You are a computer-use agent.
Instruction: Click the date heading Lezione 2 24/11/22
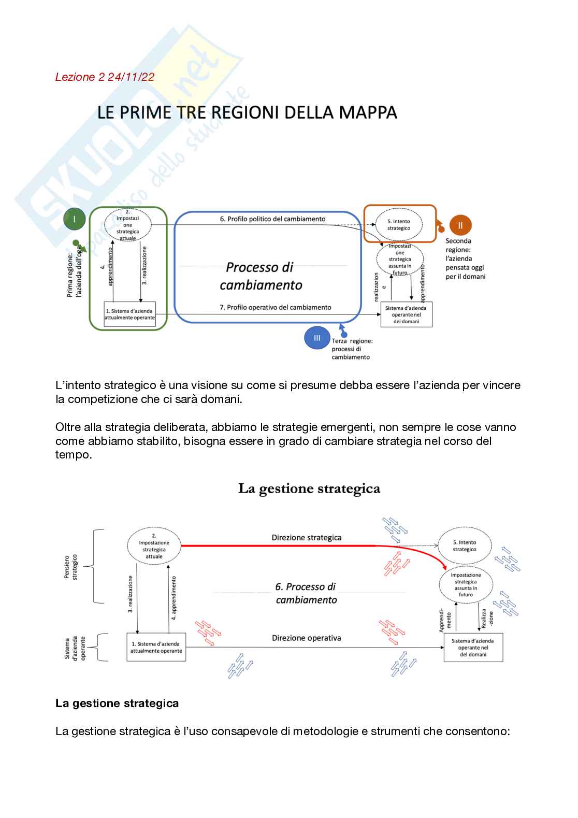[105, 77]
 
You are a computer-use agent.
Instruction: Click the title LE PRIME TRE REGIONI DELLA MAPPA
[248, 112]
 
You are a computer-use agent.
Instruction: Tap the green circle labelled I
[75, 220]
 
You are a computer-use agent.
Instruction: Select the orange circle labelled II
[460, 225]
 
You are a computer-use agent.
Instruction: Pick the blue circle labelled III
[317, 338]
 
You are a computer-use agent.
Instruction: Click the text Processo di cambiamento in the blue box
[261, 276]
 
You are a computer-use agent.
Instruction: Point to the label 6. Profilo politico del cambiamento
[272, 219]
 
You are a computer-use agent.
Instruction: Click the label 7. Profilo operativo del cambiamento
[276, 307]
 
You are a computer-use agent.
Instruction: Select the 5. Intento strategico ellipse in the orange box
[399, 224]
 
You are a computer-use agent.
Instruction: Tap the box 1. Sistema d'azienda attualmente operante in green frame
[129, 314]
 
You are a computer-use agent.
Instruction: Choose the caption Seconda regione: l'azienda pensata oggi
[465, 259]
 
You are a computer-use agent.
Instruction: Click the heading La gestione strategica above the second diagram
[309, 489]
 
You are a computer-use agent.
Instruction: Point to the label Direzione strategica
[307, 537]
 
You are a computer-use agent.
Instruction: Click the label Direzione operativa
[307, 638]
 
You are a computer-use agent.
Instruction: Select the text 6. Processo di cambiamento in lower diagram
[306, 593]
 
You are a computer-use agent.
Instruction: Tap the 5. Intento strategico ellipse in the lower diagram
[465, 546]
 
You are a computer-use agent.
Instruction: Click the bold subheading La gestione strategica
[117, 703]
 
